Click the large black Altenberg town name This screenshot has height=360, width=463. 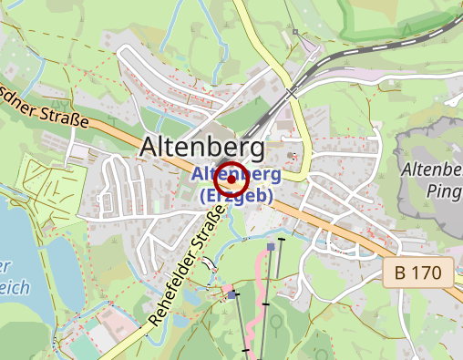pos(202,148)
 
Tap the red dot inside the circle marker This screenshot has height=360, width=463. pos(231,180)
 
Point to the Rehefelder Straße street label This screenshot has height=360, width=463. pos(188,270)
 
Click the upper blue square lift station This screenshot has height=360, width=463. pos(272,246)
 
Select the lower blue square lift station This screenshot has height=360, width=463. pos(233,294)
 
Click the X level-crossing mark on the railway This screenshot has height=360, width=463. pos(291,93)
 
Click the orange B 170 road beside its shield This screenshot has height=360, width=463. pos(365,239)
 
